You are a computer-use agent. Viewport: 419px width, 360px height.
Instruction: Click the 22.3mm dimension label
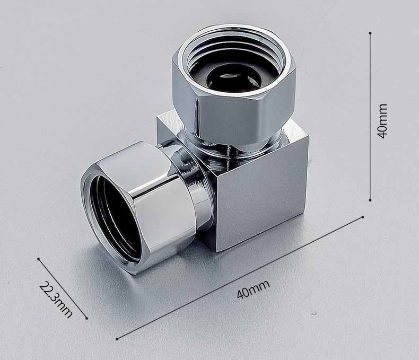click(56, 300)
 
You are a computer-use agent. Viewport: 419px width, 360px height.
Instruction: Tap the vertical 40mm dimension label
click(382, 121)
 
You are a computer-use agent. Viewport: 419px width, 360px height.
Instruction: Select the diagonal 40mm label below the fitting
click(254, 289)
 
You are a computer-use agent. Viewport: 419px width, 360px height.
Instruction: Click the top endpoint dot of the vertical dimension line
click(370, 33)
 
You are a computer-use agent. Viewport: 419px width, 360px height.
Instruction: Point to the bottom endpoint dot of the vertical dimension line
click(370, 200)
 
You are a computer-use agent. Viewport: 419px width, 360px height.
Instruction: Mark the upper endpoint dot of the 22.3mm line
click(39, 259)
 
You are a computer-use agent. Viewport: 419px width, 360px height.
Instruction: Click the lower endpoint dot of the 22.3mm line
click(86, 318)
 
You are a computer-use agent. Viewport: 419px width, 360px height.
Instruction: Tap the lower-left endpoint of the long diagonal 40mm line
click(117, 339)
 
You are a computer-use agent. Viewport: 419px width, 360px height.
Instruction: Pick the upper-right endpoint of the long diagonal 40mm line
click(363, 217)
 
